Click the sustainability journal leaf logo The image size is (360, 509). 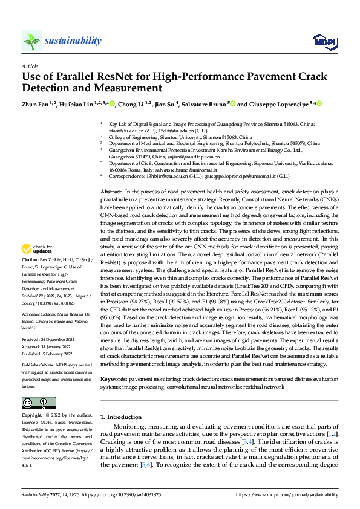coord(31,41)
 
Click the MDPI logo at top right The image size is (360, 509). coord(323,41)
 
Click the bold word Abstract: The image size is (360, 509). coord(112,190)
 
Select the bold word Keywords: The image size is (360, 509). coord(114,378)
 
